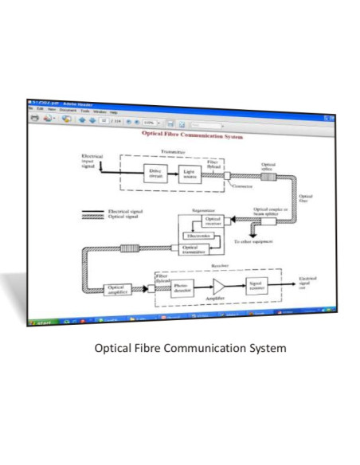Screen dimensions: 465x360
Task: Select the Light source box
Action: (190, 174)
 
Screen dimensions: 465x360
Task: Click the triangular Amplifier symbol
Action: (219, 287)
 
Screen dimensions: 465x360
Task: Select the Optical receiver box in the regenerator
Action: (213, 221)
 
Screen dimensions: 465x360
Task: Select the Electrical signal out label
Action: (307, 283)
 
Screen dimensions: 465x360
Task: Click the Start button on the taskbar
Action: (41, 322)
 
